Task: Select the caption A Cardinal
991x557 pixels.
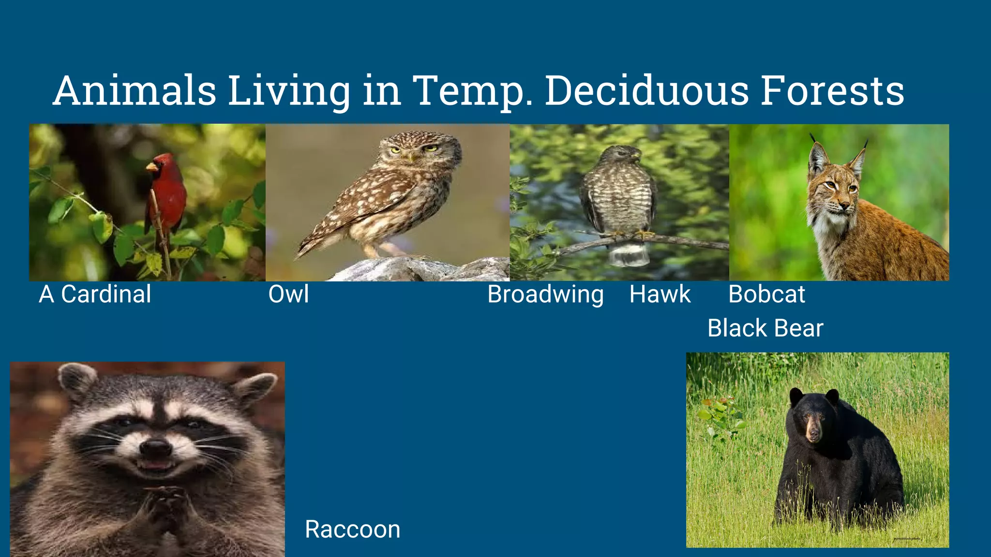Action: click(95, 294)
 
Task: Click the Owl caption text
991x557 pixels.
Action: click(288, 294)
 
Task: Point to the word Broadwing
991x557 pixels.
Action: click(545, 294)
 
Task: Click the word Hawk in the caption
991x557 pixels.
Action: click(660, 294)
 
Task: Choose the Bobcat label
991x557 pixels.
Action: click(766, 294)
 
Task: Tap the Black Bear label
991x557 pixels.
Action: click(765, 328)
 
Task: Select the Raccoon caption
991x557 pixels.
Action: click(353, 529)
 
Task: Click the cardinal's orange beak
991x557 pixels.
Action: click(151, 167)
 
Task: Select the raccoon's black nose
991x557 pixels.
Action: click(156, 447)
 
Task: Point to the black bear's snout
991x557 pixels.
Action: click(814, 433)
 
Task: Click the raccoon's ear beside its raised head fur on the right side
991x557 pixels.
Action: click(254, 387)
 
